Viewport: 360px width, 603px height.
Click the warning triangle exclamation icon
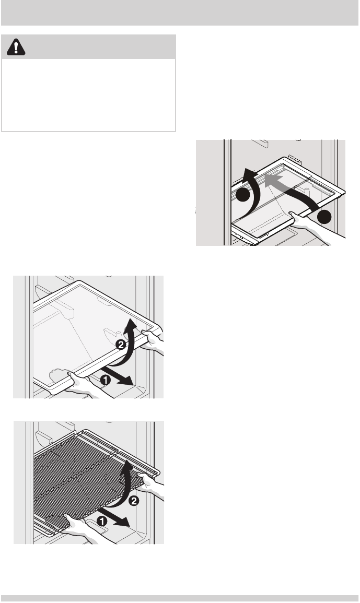16,47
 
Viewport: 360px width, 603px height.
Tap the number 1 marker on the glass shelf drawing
106,380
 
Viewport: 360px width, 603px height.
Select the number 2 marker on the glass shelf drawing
121,344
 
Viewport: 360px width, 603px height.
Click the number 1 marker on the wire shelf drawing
102,522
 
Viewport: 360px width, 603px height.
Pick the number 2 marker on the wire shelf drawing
134,501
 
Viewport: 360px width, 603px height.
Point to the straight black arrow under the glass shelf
117,375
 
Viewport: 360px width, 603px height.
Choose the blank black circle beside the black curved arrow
243,195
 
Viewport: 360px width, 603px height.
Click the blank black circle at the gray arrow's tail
324,217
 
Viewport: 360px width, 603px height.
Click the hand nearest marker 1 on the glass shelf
83,385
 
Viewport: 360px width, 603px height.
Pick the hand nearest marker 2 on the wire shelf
152,486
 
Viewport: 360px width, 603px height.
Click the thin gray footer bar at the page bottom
180,598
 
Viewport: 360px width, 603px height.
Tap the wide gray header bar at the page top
180,13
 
